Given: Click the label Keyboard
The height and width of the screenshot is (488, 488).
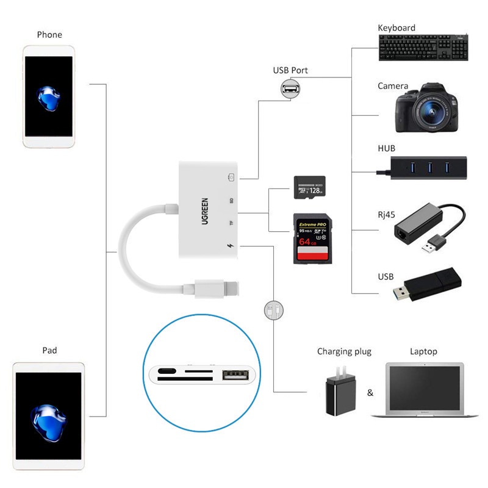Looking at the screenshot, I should (396, 28).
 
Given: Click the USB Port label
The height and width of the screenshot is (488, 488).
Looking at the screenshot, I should (290, 70).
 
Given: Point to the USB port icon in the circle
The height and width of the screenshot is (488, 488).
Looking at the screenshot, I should (290, 90).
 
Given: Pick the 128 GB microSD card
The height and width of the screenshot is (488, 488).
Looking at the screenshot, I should (310, 187).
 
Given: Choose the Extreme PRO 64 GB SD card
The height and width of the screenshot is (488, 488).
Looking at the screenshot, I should (310, 238).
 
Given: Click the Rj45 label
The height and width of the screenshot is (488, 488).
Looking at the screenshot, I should (386, 213).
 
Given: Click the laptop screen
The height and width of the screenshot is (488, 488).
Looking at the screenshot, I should (425, 389).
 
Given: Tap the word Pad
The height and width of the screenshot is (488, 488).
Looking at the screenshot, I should (49, 351).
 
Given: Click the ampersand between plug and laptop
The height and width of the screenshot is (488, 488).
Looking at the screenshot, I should (370, 392).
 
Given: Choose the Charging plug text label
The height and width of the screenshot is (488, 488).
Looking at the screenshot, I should (344, 351).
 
